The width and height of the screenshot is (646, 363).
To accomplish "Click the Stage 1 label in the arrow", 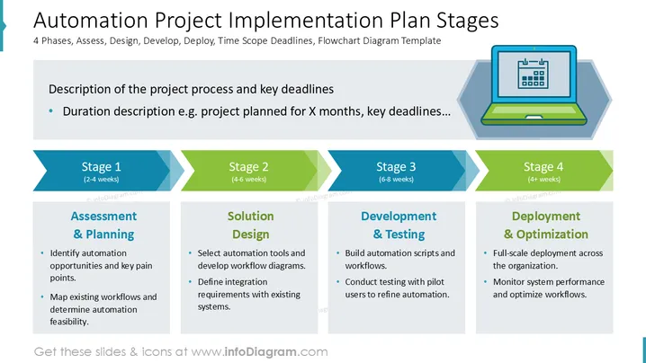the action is coord(102,167).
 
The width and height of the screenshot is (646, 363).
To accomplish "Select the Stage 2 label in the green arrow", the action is coord(249,167).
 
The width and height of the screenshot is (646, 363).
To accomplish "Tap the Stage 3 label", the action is coord(396,167).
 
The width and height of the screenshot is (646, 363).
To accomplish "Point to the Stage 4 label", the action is coord(543,167).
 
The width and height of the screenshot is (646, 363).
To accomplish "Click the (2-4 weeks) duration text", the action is coord(102,180).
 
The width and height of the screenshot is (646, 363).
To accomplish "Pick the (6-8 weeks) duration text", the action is coord(397,180).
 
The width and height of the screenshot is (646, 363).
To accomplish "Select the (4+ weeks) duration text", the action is coord(543,180).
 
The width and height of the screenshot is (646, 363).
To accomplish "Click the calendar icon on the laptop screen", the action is coord(534,74).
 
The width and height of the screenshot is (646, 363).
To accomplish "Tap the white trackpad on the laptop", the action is coord(534,118).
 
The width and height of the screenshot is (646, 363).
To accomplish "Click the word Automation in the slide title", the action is coord(91,20).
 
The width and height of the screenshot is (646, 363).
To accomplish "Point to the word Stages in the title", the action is coord(467,21).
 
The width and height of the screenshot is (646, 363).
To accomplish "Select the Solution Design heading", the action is coord(250,226).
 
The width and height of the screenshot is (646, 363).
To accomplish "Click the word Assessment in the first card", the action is coord(103,216).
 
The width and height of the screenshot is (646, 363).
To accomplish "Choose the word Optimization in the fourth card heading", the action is coord(552,235).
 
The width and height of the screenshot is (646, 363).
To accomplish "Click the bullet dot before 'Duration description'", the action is coord(51,111).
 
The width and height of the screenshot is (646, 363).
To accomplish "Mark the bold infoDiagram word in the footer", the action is coord(260,352).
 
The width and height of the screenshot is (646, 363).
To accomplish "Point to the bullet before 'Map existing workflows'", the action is coord(42,297).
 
